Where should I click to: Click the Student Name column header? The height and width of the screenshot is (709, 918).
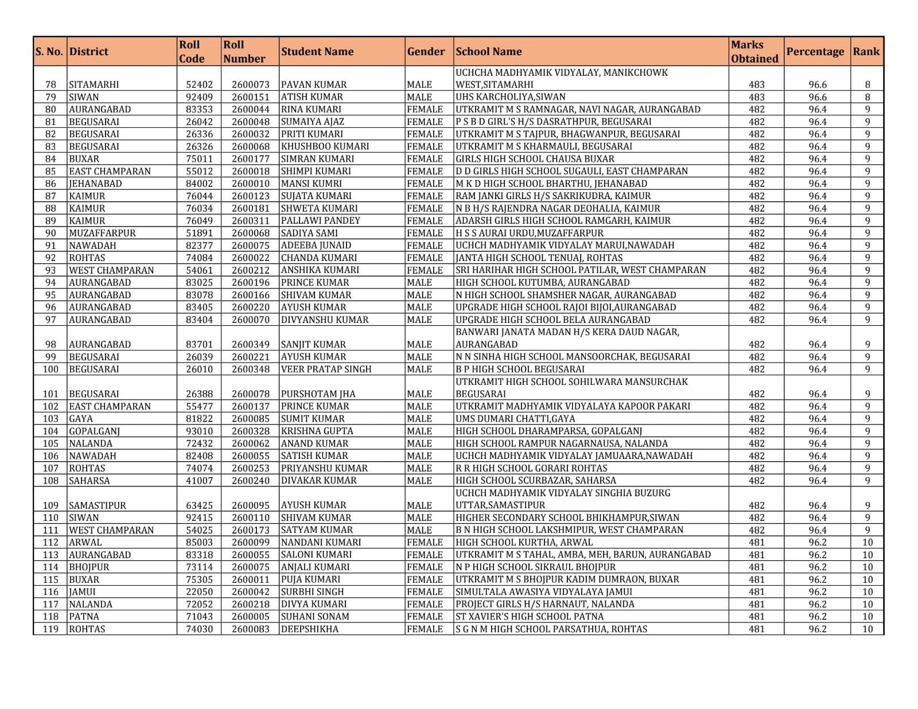[317, 52]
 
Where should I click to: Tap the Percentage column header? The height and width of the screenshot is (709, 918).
[815, 52]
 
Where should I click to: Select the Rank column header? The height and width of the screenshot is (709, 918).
[866, 52]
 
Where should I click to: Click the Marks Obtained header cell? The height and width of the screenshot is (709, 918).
[754, 52]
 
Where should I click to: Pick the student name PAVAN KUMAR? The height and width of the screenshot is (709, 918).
[314, 84]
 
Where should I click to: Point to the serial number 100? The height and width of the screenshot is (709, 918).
[50, 369]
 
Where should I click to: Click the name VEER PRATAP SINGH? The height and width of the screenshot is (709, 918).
[326, 369]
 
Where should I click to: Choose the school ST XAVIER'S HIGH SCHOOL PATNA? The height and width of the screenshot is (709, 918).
[529, 617]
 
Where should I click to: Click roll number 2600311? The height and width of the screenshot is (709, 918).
[250, 221]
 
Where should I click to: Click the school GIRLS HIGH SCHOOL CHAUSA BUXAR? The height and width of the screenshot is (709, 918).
[535, 159]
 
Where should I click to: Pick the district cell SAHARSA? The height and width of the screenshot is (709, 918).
[89, 481]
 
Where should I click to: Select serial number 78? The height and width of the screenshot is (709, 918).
[50, 84]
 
